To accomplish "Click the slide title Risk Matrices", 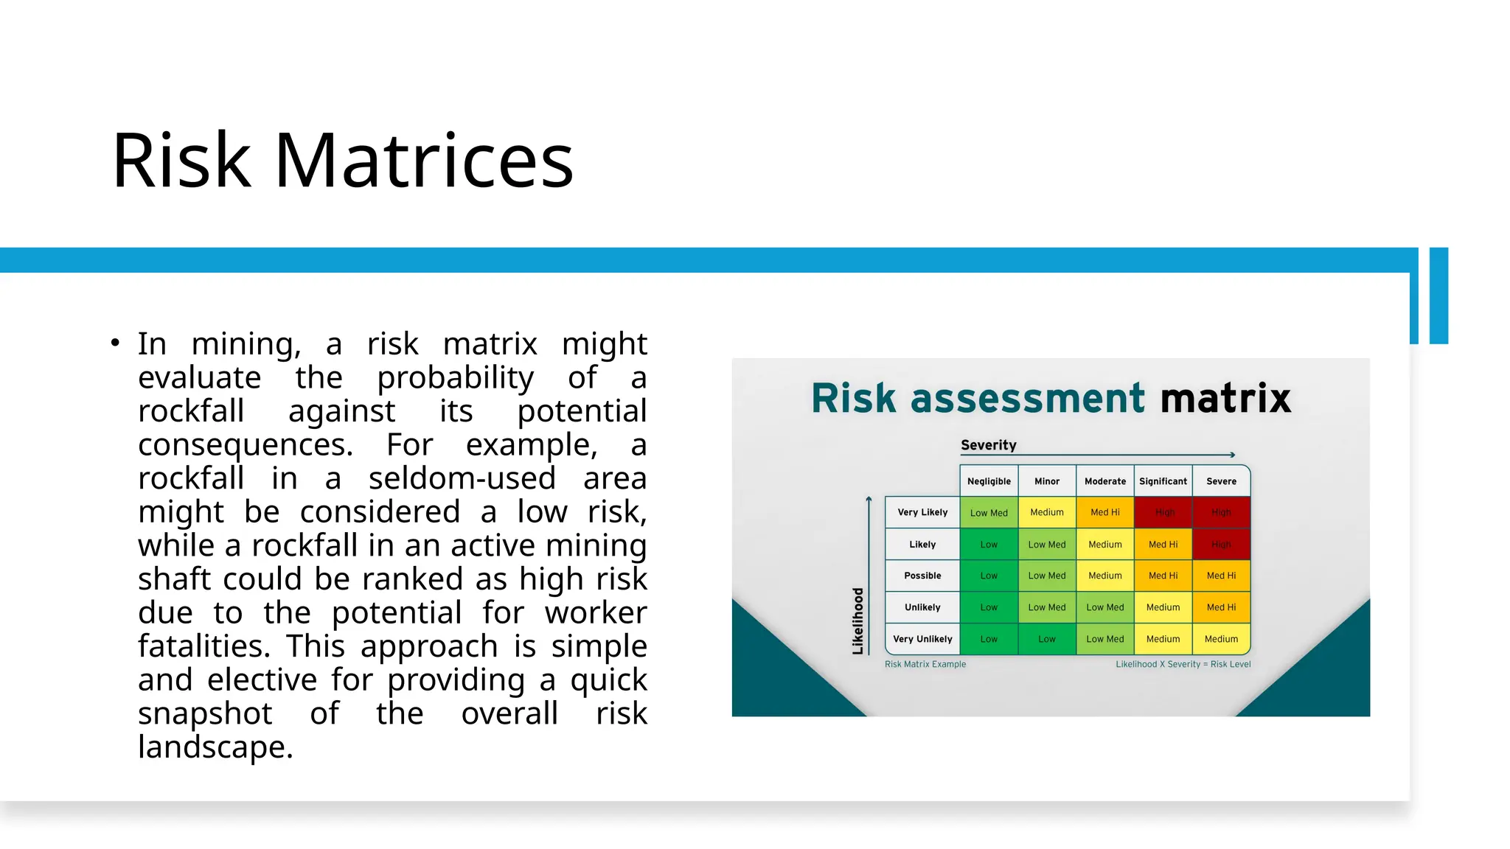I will pyautogui.click(x=342, y=161).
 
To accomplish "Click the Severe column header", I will pyautogui.click(x=1221, y=481).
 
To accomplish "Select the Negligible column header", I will pyautogui.click(x=989, y=481).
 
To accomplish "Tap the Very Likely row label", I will pyautogui.click(x=922, y=512).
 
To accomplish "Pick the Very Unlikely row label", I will pyautogui.click(x=922, y=639).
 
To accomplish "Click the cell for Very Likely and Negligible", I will pyautogui.click(x=989, y=513).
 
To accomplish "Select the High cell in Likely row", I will pyautogui.click(x=1221, y=545).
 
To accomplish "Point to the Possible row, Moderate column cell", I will pyautogui.click(x=1104, y=576).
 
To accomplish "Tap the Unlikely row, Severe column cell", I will pyautogui.click(x=1221, y=607).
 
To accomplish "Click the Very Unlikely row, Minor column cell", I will pyautogui.click(x=1046, y=639).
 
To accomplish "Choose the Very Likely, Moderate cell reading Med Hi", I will pyautogui.click(x=1104, y=512).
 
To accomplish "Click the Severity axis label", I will pyautogui.click(x=988, y=445).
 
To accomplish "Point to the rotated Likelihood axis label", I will pyautogui.click(x=857, y=621).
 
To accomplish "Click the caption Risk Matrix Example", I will pyautogui.click(x=925, y=664).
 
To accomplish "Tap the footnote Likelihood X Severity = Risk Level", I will pyautogui.click(x=1183, y=664).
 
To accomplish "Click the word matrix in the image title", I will pyautogui.click(x=1225, y=399).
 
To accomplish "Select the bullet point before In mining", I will pyautogui.click(x=115, y=343).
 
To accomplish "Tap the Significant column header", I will pyautogui.click(x=1163, y=481).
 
